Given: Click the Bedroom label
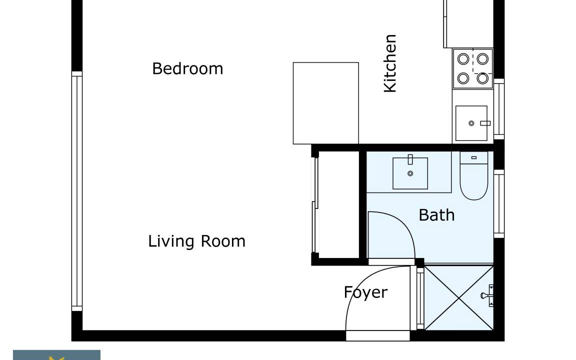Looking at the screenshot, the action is (x=187, y=69).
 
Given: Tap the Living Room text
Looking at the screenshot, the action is (x=196, y=241).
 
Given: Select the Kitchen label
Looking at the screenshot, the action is (x=390, y=63).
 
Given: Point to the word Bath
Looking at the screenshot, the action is (x=436, y=215).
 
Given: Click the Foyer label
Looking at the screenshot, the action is (x=365, y=293).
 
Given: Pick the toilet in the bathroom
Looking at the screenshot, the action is (x=474, y=175).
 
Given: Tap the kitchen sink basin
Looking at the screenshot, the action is (x=471, y=123).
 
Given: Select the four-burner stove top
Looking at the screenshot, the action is (x=473, y=68).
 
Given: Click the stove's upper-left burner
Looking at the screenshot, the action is (x=463, y=59).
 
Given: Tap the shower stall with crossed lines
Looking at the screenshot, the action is (x=459, y=297).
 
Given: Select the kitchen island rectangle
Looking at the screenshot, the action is (x=326, y=103).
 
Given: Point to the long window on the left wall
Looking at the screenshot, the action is (x=77, y=191).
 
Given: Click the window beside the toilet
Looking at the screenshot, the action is (x=499, y=203).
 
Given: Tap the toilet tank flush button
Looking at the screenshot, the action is (x=474, y=157).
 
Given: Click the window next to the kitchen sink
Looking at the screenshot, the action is (x=499, y=109).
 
